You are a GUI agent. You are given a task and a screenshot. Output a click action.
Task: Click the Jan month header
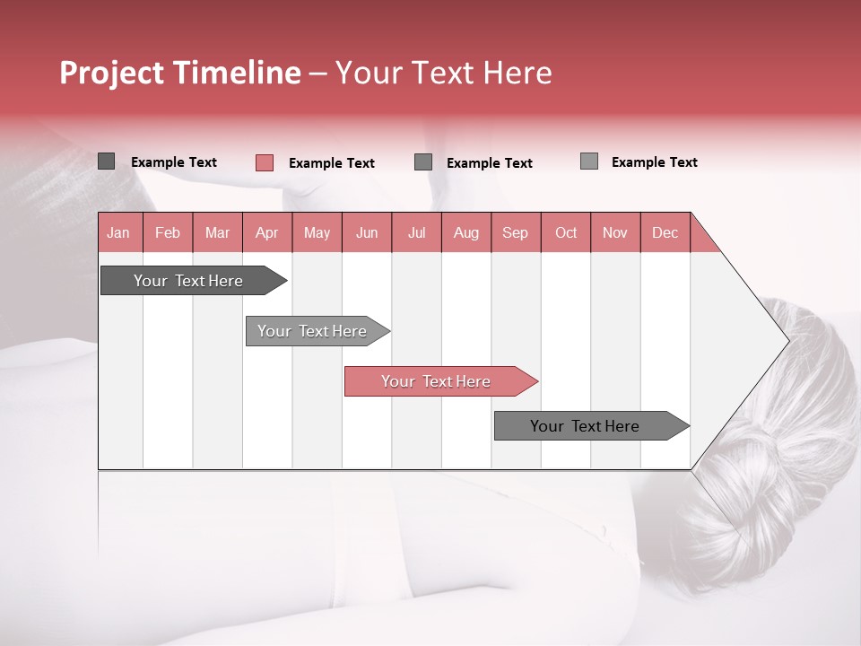coord(118,233)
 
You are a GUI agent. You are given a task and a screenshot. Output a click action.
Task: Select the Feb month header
coord(168,233)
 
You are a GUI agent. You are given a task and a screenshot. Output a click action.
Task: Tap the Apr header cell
coord(267,233)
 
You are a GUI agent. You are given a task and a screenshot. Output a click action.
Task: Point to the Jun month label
coord(367,233)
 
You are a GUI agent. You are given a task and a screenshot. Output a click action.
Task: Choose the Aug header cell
coord(466,233)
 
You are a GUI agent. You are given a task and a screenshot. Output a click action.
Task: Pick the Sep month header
coord(516,233)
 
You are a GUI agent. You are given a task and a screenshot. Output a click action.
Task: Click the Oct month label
coord(566,233)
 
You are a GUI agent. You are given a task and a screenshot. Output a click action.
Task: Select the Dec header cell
coord(665,233)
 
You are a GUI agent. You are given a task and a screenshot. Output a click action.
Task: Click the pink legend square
coord(265,162)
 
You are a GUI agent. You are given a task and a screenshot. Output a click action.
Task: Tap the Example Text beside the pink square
coord(332,163)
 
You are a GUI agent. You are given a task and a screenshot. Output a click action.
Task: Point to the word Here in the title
coord(517,73)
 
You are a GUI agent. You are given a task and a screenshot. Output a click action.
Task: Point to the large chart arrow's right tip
coord(787,340)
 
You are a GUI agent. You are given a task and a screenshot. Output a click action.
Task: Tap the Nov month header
coord(615,233)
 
